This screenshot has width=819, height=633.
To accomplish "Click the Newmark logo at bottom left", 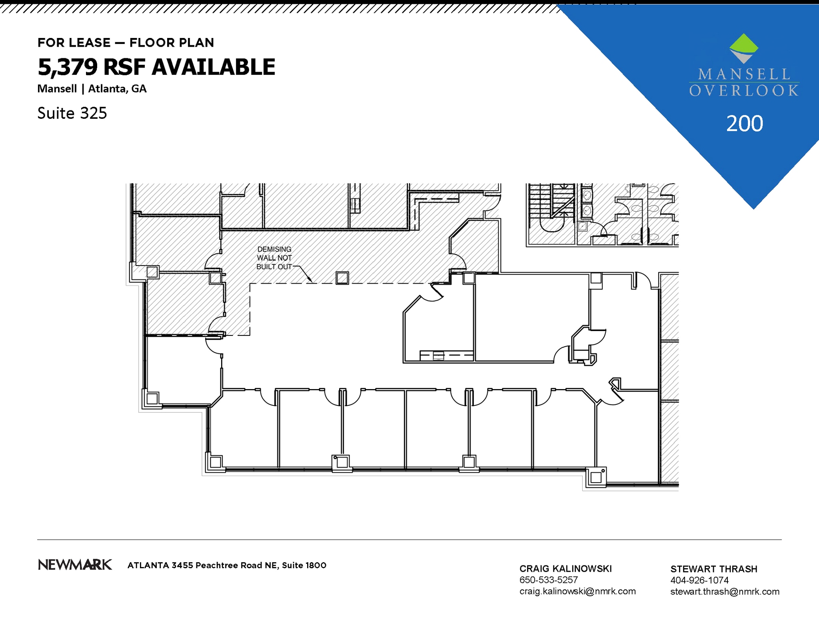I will point(75,565).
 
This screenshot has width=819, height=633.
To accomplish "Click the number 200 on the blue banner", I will point(744,124).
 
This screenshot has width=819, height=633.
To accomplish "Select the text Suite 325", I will point(72,113).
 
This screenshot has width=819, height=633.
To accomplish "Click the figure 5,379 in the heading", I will point(68,67).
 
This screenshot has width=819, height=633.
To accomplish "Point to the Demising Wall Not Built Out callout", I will point(274,258).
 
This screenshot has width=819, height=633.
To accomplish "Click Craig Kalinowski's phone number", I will point(548,580).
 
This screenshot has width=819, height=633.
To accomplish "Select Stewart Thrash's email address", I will point(725,591).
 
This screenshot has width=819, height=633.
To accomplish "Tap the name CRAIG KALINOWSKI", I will point(565,569).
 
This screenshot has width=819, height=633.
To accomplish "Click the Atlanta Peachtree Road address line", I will point(227,565).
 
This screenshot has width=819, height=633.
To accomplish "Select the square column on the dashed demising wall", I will point(342,278).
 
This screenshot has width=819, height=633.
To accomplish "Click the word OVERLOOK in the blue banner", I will point(744,91).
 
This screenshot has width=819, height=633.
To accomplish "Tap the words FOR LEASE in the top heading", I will point(74,43).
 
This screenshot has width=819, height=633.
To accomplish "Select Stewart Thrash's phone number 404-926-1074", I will point(699,580).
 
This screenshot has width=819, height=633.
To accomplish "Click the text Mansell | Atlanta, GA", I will point(92,89).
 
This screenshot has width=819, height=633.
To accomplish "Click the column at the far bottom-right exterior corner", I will point(596,477).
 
